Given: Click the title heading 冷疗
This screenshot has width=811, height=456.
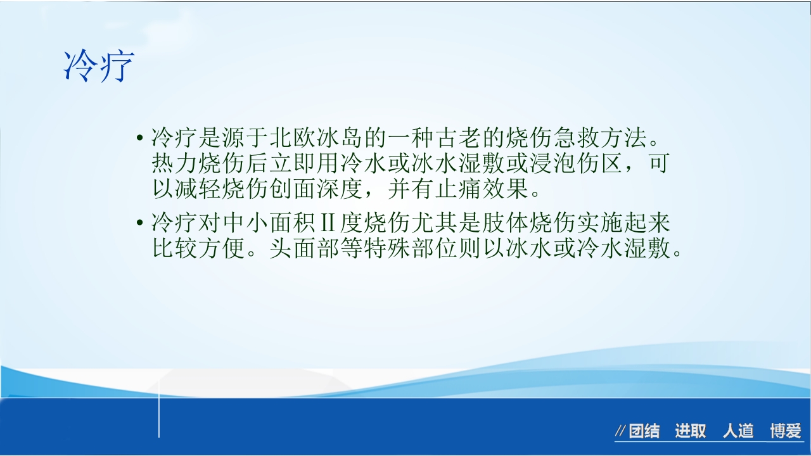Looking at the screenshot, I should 99,66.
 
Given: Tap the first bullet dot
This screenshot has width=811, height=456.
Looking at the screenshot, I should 139,138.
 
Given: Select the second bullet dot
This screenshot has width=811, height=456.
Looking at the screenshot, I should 139,224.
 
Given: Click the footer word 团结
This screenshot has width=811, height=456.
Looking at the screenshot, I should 644,432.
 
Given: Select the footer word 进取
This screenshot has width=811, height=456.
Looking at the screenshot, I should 690,432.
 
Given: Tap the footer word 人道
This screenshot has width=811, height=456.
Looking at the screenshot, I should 738,432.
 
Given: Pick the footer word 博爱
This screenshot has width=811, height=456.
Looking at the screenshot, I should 786,432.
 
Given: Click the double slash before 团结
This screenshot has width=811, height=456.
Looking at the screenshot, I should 620,432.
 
